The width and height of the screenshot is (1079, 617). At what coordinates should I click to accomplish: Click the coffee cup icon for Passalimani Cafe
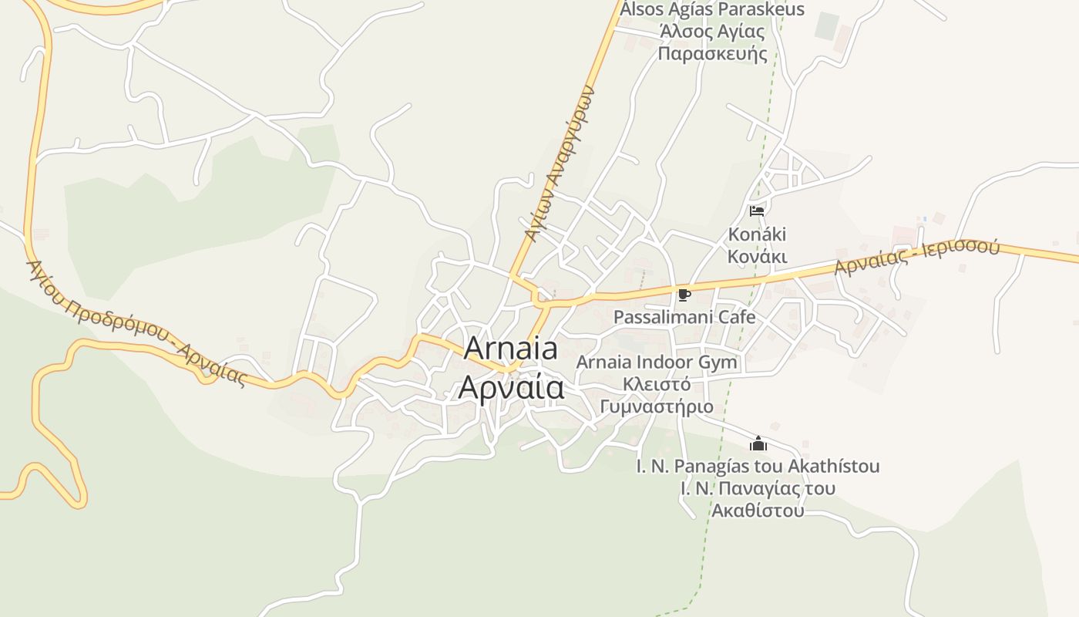tap(684, 294)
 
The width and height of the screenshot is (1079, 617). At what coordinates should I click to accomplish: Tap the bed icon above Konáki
tap(756, 210)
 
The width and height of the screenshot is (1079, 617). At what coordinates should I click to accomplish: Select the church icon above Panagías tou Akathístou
tap(758, 443)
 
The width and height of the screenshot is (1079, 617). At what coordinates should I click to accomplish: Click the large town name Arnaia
tap(511, 349)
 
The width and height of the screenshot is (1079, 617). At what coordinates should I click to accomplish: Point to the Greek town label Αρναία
tap(511, 386)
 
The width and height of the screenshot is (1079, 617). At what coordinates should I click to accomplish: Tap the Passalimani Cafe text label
tap(684, 316)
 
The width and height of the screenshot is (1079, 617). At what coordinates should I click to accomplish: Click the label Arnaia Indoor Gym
tap(657, 362)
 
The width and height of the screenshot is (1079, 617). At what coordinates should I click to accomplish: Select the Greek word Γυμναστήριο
tap(657, 406)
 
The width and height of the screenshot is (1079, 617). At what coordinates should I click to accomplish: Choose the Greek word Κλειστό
tap(657, 384)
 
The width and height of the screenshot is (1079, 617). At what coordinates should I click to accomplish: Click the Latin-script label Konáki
tap(758, 234)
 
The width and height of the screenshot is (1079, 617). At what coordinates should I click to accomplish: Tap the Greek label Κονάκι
tap(758, 256)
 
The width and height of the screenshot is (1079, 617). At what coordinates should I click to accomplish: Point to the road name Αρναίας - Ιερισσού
tap(916, 258)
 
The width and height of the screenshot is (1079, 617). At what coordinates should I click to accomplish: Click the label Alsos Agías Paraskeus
tap(712, 9)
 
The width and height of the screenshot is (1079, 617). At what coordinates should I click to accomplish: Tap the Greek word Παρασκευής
tap(712, 54)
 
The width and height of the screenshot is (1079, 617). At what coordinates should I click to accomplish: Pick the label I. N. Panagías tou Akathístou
tap(758, 466)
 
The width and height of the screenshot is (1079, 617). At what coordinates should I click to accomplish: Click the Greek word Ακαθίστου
tap(758, 511)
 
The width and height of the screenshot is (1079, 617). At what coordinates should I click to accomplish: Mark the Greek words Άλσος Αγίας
tap(712, 32)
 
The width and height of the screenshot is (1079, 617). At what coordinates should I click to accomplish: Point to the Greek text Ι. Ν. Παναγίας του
tap(758, 488)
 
